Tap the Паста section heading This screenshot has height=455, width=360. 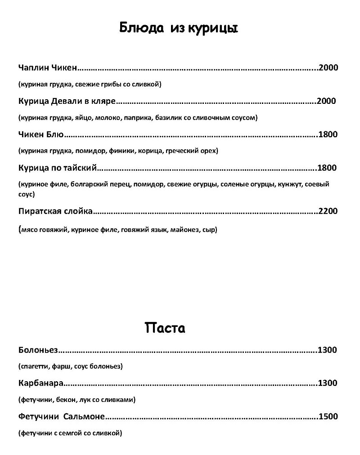coord(165,328)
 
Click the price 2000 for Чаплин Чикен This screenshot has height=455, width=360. coord(328,68)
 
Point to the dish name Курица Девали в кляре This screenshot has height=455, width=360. coord(67,101)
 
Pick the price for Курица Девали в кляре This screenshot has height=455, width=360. coord(326,101)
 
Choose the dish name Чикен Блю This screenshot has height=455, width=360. coord(42,134)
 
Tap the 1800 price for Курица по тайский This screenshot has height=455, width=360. coord(327,168)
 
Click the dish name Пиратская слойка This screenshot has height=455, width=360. coord(56,211)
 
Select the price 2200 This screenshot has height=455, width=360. coord(328,211)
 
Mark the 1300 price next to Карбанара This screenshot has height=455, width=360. coord(328,384)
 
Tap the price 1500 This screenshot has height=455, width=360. coord(328,417)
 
